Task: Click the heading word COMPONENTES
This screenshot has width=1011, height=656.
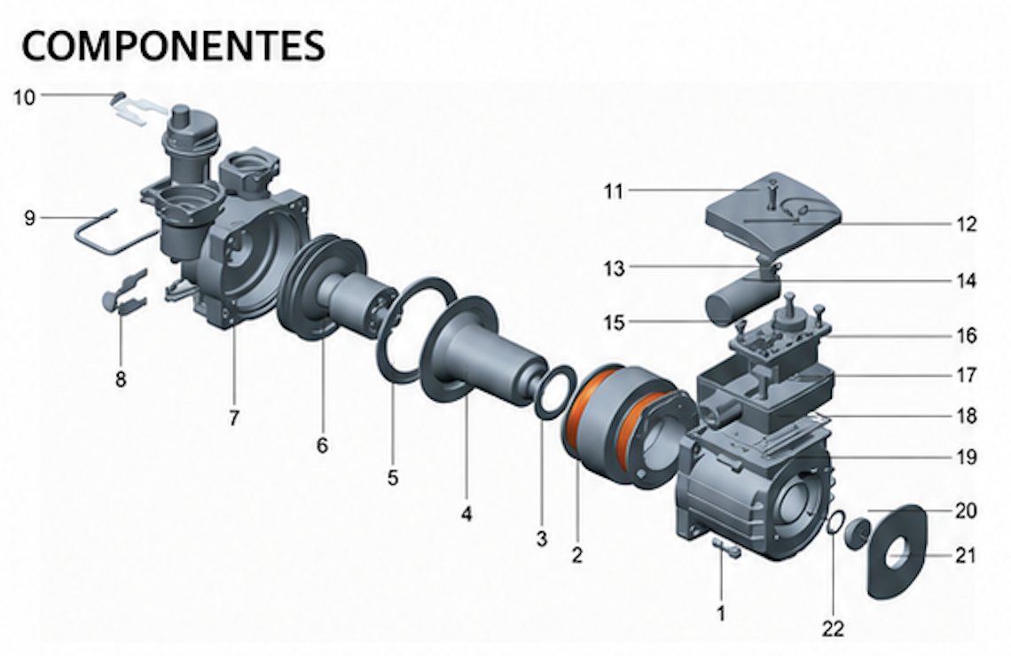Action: [x=174, y=45]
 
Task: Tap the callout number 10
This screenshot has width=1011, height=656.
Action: [x=25, y=98]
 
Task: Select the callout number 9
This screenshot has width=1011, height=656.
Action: [x=29, y=218]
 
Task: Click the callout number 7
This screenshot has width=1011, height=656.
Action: [x=234, y=418]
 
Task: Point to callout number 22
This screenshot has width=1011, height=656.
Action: [x=833, y=629]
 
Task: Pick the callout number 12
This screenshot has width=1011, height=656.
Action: [x=966, y=224]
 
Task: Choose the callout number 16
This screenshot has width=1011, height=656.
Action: [x=966, y=336]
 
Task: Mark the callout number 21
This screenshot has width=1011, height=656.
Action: [x=965, y=556]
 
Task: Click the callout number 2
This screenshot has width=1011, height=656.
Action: [x=577, y=554]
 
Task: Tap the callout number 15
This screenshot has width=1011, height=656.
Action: [x=615, y=322]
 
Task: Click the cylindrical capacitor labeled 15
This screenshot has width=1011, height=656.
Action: [x=741, y=298]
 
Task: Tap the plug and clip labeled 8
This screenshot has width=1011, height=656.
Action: [x=126, y=293]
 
